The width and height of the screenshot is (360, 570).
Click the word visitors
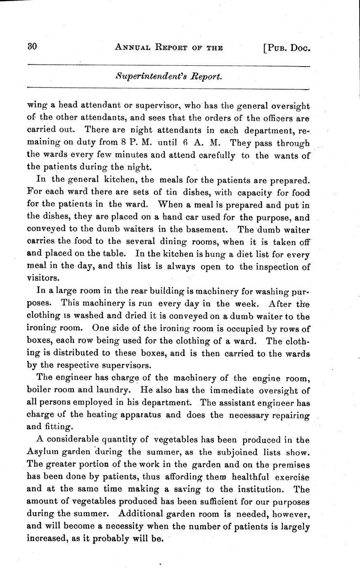pyautogui.click(x=43, y=279)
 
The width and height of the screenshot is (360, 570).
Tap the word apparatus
pyautogui.click(x=140, y=414)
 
